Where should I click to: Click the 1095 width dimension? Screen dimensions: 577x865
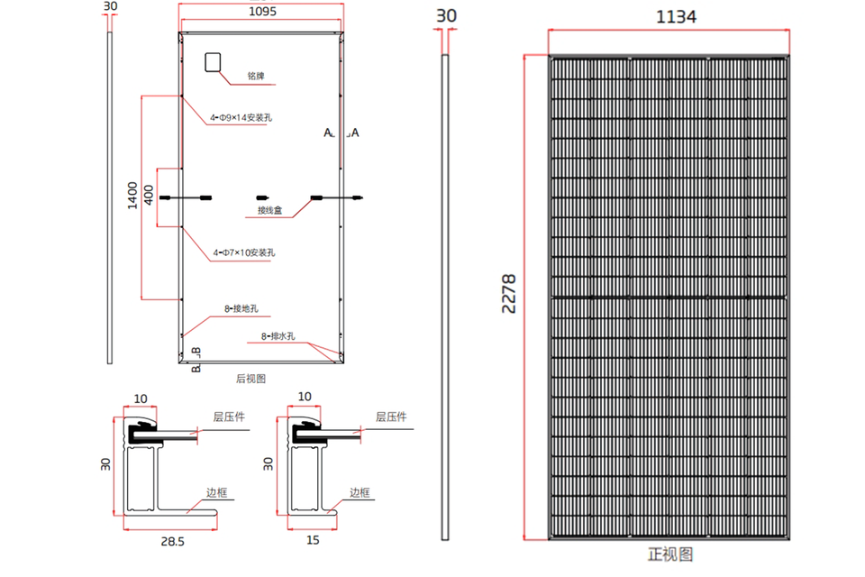(x=260, y=13)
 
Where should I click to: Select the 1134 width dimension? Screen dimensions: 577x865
(x=676, y=17)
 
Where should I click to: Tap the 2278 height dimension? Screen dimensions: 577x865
(x=509, y=294)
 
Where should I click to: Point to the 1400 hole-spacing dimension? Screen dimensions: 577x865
(x=132, y=196)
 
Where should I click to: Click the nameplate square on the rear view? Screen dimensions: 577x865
(x=213, y=61)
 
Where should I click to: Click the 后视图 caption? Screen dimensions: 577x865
(x=250, y=379)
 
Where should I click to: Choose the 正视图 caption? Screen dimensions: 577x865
(x=670, y=554)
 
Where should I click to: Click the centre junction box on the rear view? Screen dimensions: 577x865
(x=262, y=197)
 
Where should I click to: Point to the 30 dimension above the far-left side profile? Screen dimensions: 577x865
(x=111, y=5)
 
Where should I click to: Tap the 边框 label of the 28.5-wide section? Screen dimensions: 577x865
(x=217, y=492)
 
